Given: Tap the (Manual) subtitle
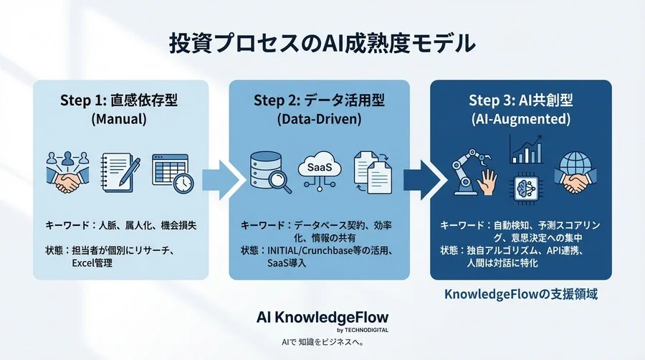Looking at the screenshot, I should (119, 120).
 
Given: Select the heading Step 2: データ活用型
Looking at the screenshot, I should (319, 100).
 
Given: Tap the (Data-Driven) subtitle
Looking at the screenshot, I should (319, 120).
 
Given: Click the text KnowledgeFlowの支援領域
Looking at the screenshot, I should (521, 294).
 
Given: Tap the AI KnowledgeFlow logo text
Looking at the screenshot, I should (322, 318).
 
